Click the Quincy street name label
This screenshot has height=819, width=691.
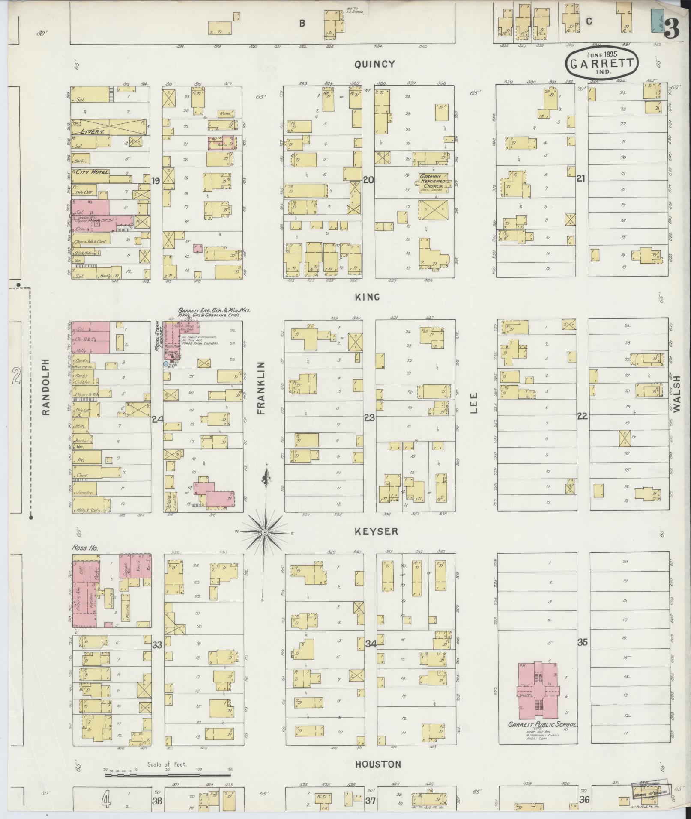pyautogui.click(x=374, y=64)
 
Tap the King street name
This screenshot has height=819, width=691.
pyautogui.click(x=368, y=297)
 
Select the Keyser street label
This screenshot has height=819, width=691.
pyautogui.click(x=376, y=531)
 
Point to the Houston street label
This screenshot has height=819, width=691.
pyautogui.click(x=378, y=764)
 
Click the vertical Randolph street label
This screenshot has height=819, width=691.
pyautogui.click(x=46, y=387)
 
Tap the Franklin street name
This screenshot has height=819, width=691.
pyautogui.click(x=262, y=388)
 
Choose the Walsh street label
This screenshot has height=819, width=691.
pyautogui.click(x=676, y=394)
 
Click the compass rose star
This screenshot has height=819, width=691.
pyautogui.click(x=265, y=532)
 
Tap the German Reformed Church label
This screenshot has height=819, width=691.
pyautogui.click(x=433, y=181)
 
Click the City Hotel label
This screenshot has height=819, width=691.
pyautogui.click(x=93, y=173)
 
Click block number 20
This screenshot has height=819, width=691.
pyautogui.click(x=368, y=180)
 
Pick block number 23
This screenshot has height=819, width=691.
pyautogui.click(x=369, y=417)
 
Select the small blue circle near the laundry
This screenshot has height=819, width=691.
pyautogui.click(x=165, y=364)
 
